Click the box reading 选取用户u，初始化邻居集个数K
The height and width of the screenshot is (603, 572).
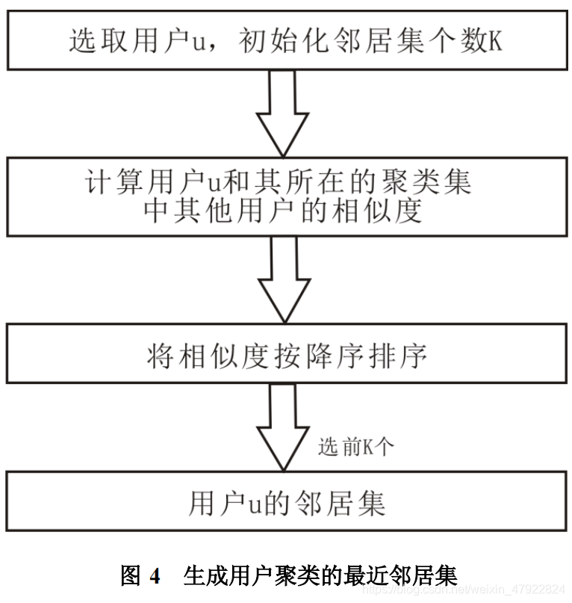point(286,38)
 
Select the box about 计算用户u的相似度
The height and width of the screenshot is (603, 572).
point(286,196)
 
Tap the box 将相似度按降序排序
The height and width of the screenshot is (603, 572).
point(286,354)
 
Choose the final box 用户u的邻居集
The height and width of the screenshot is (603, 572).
point(286,502)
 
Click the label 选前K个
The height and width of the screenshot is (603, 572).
point(355,447)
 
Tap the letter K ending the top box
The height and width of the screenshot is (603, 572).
point(495,40)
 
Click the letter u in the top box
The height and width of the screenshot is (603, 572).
point(199,42)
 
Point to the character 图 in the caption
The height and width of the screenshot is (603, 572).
point(131,575)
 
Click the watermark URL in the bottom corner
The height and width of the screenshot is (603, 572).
point(463,590)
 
